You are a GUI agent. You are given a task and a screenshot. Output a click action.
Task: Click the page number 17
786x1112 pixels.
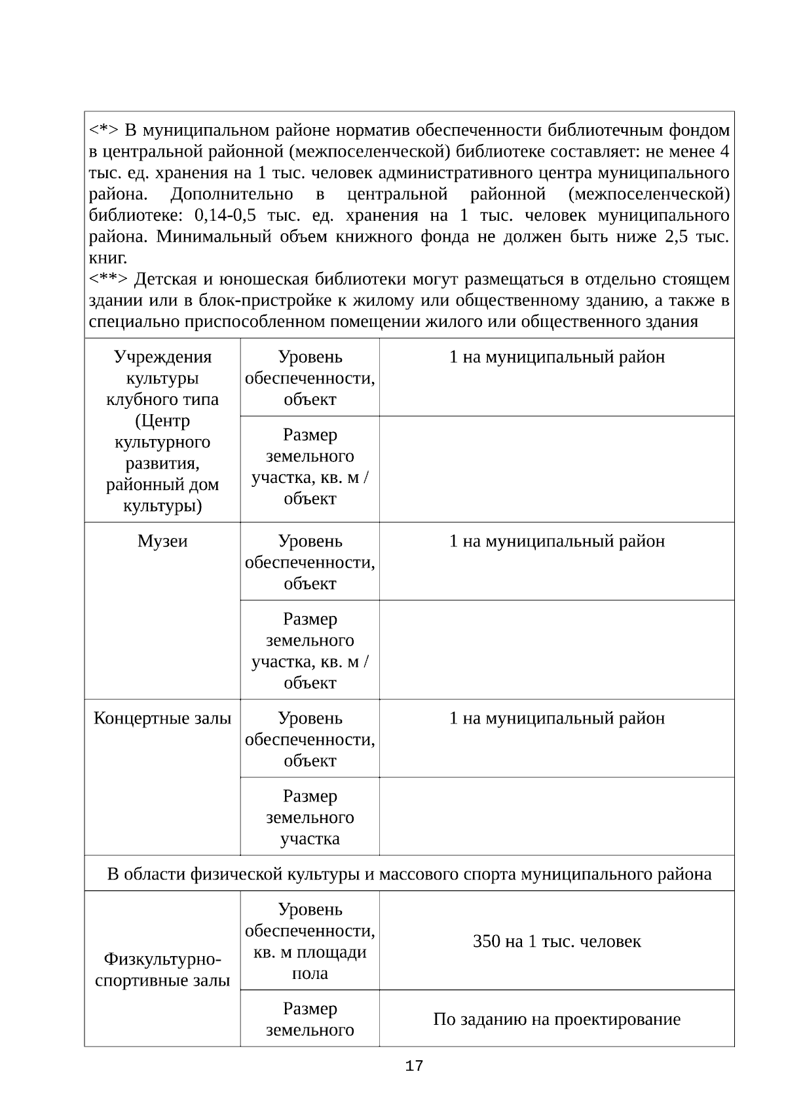[x=414, y=1066]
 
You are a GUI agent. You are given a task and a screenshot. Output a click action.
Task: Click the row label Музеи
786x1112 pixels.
[x=162, y=541]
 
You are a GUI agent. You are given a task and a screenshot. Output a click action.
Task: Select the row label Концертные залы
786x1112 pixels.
[x=162, y=718]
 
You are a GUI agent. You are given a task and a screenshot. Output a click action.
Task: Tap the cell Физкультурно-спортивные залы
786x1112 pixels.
[x=162, y=970]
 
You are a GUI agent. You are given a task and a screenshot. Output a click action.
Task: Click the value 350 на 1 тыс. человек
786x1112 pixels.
[x=557, y=942]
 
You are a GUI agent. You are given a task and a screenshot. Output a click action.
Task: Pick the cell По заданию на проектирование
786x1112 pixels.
[x=557, y=1020]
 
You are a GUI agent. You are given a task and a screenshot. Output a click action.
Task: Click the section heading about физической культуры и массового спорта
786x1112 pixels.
[x=409, y=874]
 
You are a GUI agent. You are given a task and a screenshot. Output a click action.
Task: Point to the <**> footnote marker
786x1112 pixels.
[x=108, y=280]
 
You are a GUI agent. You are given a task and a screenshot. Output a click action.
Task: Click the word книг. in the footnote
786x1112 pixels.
[x=108, y=258]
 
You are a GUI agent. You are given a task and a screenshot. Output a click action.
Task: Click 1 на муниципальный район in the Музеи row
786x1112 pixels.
[x=557, y=541]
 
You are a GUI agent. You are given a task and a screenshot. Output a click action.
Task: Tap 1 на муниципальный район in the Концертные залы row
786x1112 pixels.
[x=557, y=718]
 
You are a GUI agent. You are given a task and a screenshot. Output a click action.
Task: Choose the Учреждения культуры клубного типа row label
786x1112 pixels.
[x=162, y=431]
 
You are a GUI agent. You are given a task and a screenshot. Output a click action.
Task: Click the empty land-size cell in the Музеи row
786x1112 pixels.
[x=557, y=650]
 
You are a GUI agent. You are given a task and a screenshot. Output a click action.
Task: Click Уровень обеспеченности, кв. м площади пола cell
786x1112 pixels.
[x=310, y=941]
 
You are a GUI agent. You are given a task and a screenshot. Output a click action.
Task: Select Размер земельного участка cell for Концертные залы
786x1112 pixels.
[x=310, y=817]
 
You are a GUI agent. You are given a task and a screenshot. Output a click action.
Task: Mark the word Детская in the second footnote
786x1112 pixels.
[x=164, y=280]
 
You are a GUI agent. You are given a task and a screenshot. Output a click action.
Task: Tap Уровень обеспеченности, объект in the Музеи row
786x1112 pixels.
[x=310, y=562]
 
